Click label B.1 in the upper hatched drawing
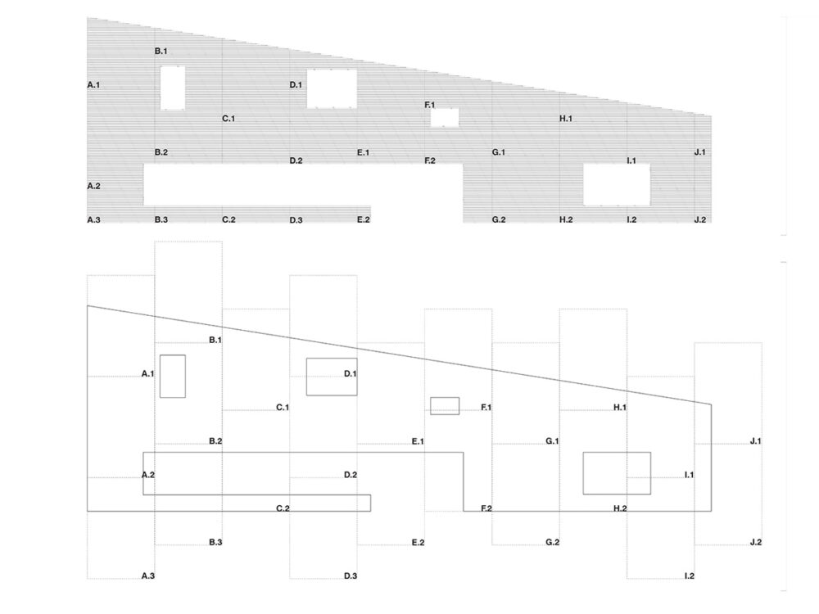tap(161, 52)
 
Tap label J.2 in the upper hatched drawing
tap(699, 219)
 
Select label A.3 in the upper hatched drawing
tap(93, 219)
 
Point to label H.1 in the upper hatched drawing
tap(565, 119)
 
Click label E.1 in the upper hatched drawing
tap(364, 152)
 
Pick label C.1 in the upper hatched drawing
tap(229, 119)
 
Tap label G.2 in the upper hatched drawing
tap(498, 219)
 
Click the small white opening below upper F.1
tap(445, 118)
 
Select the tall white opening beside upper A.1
tap(172, 88)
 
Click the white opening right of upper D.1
tap(332, 88)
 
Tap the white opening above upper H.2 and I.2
tap(617, 184)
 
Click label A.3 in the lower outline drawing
tap(148, 576)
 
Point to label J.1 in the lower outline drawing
tap(755, 441)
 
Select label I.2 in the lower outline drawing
tap(689, 576)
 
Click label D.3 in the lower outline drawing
tap(351, 576)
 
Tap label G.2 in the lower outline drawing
tap(552, 543)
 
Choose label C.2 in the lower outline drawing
tap(283, 508)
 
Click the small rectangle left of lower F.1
tap(445, 405)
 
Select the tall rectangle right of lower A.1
tap(172, 376)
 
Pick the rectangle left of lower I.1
tap(617, 472)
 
